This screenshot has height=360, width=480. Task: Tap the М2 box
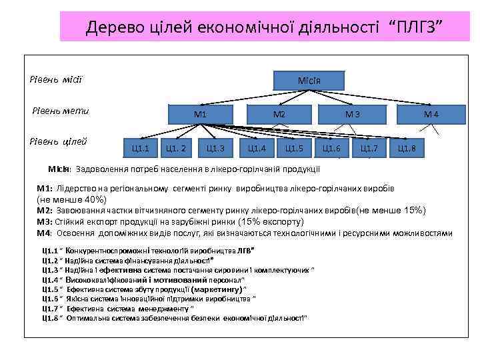click(x=279, y=114)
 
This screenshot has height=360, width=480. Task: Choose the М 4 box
click(x=431, y=115)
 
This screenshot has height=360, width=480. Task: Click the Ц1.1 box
click(x=141, y=147)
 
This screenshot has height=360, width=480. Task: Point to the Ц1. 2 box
click(x=179, y=147)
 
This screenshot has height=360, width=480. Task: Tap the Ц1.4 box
click(x=257, y=147)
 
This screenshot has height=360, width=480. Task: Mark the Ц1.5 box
click(x=294, y=147)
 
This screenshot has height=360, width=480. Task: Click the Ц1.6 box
click(x=331, y=147)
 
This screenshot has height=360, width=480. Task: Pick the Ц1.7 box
click(x=369, y=147)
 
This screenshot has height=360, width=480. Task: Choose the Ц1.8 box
click(x=406, y=147)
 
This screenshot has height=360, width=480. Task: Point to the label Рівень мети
click(x=61, y=111)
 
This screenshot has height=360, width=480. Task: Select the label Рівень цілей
click(x=59, y=141)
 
